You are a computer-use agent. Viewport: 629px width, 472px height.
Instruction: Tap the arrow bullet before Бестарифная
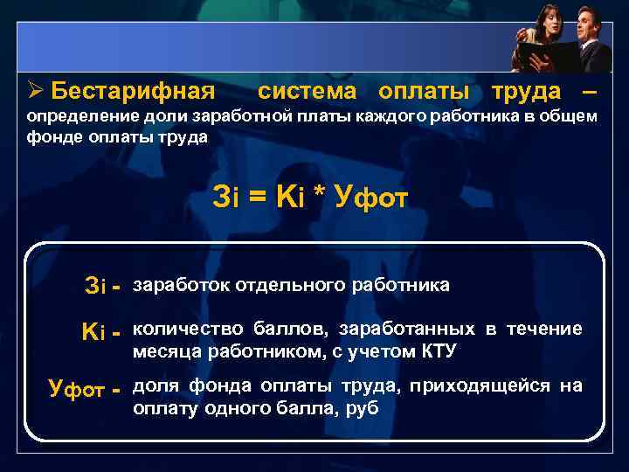click(35, 91)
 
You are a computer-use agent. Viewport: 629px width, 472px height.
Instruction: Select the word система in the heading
click(308, 91)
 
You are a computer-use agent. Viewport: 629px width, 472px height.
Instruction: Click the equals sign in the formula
click(257, 198)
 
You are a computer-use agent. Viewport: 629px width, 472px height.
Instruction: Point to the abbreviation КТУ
click(432, 352)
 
